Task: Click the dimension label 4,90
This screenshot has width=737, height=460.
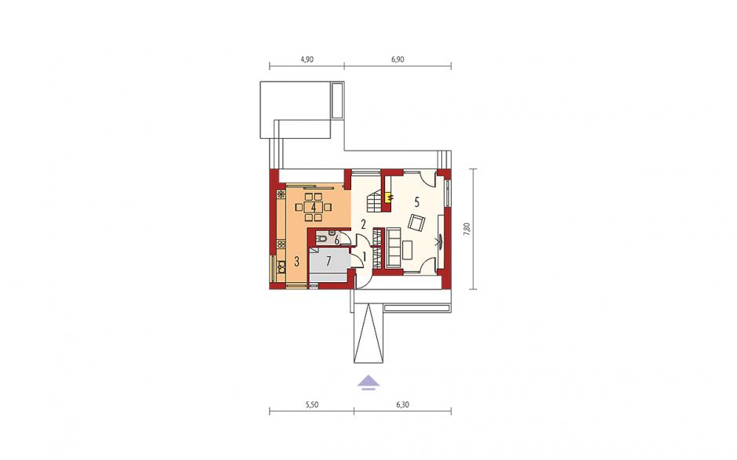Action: [x=307, y=60]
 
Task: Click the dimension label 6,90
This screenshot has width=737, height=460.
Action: [x=398, y=60]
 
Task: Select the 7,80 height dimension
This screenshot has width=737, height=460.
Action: [x=467, y=229]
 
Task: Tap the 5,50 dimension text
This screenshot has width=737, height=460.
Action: [x=311, y=404]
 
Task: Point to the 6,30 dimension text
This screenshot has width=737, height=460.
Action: [x=403, y=404]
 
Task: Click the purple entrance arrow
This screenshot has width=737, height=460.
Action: [x=368, y=382]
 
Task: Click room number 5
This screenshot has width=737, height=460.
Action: [x=416, y=202]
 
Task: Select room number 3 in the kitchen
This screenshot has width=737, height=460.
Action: [x=296, y=262]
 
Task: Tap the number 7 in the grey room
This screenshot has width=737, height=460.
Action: [x=329, y=260]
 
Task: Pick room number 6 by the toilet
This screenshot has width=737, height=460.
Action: [x=336, y=241]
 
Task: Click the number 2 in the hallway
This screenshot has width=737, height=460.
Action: [x=363, y=224]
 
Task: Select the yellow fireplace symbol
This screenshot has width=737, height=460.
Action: [x=388, y=197]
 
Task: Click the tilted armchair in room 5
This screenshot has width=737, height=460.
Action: [x=416, y=223]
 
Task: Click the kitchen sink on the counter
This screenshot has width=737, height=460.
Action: [x=281, y=267]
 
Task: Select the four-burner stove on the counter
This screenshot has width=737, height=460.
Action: [x=281, y=244]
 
